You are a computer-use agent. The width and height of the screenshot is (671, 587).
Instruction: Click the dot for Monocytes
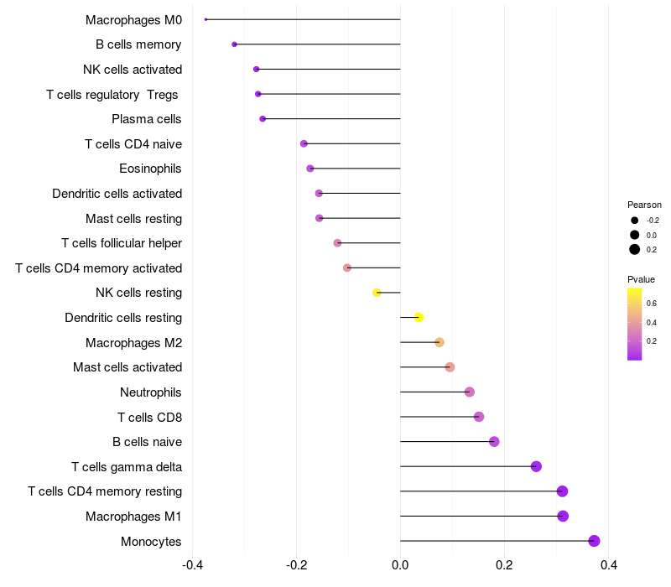click(594, 541)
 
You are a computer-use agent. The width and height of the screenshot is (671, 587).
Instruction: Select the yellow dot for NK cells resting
click(377, 293)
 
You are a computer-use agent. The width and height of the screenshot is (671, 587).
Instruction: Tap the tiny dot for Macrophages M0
click(205, 19)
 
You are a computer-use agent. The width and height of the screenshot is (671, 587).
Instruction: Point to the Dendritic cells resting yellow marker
click(419, 317)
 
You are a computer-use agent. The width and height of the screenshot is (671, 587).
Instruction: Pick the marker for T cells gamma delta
click(536, 466)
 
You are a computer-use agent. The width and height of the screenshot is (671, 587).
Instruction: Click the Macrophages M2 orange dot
click(439, 342)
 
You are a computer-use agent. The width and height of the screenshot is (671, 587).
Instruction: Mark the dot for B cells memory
click(234, 44)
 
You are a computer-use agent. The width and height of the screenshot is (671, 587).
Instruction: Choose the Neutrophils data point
click(469, 392)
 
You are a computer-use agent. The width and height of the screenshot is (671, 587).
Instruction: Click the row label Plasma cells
click(147, 119)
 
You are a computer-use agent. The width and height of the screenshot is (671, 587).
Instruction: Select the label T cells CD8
click(150, 417)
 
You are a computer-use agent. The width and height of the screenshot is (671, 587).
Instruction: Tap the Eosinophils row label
click(150, 169)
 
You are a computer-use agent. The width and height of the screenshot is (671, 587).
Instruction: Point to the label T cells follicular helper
click(122, 243)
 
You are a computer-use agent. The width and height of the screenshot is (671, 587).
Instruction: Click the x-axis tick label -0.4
click(192, 565)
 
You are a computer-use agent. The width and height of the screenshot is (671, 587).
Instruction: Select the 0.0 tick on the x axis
click(400, 565)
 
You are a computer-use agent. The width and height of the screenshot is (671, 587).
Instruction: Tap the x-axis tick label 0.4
click(609, 565)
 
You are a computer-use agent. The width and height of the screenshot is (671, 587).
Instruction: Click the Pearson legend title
click(644, 205)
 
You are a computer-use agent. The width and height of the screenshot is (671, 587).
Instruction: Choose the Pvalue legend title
click(641, 279)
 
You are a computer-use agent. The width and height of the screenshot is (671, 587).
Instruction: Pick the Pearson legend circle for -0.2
click(635, 221)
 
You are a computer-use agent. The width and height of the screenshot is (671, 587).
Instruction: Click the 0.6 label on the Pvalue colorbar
click(652, 303)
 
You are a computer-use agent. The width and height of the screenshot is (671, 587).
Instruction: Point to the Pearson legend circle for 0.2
click(635, 249)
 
